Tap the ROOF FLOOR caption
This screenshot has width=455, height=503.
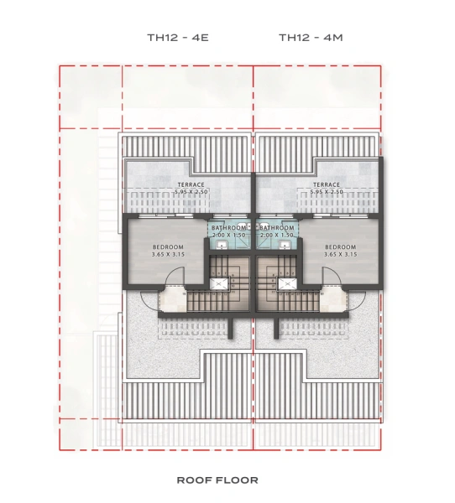click(x=217, y=480)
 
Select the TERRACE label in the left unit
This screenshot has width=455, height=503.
click(x=191, y=184)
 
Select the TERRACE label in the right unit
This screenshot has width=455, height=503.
click(x=326, y=184)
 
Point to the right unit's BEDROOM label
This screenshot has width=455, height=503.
click(x=341, y=246)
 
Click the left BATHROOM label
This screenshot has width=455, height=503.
click(x=229, y=228)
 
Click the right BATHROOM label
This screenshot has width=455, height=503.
click(x=276, y=228)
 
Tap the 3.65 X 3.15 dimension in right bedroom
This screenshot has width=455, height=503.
click(x=341, y=254)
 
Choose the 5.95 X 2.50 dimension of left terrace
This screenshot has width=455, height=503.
click(x=191, y=192)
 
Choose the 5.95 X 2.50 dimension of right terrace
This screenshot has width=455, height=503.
click(x=326, y=192)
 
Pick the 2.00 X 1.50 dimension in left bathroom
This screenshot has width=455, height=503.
click(x=229, y=236)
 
